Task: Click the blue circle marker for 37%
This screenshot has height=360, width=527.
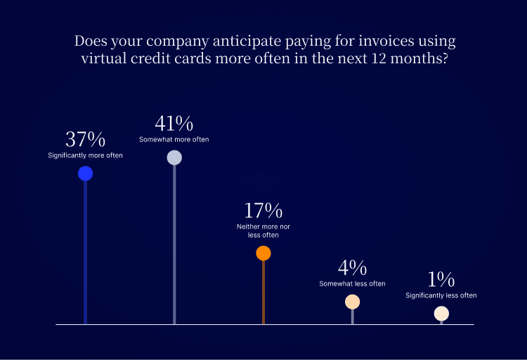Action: click(x=85, y=173)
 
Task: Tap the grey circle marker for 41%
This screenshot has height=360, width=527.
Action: click(x=174, y=157)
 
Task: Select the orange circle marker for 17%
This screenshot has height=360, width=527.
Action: click(x=263, y=253)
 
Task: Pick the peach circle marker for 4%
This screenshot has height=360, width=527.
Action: click(x=353, y=302)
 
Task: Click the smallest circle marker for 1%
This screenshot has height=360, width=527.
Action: click(x=441, y=314)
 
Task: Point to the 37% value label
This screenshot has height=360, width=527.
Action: click(x=85, y=139)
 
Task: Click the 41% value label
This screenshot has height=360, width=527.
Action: click(x=174, y=124)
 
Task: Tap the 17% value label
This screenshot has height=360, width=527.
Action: click(x=263, y=210)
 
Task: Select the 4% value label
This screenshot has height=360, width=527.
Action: click(x=352, y=268)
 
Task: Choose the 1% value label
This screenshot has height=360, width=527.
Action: click(x=441, y=279)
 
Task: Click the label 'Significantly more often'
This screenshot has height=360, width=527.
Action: click(x=85, y=155)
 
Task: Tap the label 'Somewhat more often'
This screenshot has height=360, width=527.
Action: click(x=174, y=139)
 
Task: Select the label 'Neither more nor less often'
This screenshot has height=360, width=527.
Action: click(x=263, y=231)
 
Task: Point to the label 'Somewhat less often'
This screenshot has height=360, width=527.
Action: click(x=352, y=283)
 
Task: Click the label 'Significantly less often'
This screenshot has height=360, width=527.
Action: click(x=441, y=295)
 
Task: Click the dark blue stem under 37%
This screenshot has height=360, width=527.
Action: click(x=85, y=253)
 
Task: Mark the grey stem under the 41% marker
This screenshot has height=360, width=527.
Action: click(x=174, y=246)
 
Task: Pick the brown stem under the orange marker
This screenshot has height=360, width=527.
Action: click(x=263, y=292)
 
